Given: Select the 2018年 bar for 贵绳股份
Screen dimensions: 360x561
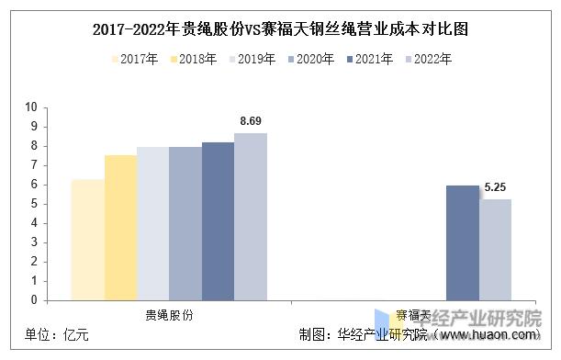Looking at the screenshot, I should coord(119,227).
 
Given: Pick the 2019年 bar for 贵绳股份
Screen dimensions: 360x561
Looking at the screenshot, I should coord(152,223).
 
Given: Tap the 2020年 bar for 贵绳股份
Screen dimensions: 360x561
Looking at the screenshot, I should coord(185,223).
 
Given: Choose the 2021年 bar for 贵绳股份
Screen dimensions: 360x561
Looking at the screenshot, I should coord(218,220).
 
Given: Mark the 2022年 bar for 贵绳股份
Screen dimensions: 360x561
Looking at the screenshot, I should coord(250,216).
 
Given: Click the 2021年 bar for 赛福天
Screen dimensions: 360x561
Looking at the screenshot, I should coord(463,242).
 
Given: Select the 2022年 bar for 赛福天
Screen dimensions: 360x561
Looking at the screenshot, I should coord(496,249).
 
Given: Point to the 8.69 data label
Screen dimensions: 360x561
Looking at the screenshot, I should coord(251,121).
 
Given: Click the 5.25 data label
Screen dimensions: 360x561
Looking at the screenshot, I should coord(496,187).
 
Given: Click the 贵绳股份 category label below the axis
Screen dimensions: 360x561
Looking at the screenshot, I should coord(169,314).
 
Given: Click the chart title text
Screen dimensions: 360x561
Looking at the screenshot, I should coord(280,28).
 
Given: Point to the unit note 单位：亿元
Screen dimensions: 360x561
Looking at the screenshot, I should coord(58,335).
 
